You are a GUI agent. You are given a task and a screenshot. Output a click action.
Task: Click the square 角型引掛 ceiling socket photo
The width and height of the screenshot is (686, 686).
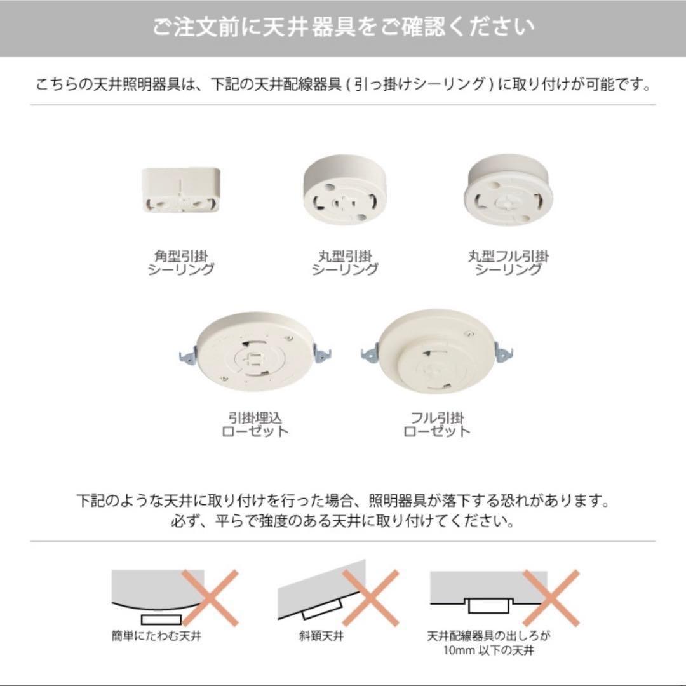[x=180, y=190]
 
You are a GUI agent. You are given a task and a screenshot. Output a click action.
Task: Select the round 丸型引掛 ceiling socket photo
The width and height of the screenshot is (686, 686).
[x=345, y=189]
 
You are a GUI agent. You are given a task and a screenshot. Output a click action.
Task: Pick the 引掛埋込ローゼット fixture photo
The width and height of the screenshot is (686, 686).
[x=255, y=352]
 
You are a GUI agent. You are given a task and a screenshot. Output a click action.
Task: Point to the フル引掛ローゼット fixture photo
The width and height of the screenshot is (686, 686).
[x=436, y=352]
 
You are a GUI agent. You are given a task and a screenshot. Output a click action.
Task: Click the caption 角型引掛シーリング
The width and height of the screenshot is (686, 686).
[x=180, y=262]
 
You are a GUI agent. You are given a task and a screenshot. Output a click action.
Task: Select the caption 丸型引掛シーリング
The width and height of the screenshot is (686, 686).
[x=345, y=262]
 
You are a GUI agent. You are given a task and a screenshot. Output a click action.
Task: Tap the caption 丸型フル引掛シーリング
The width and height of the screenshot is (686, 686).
[x=508, y=262]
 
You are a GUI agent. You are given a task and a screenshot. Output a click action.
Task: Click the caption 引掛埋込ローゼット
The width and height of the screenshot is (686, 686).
[x=255, y=424]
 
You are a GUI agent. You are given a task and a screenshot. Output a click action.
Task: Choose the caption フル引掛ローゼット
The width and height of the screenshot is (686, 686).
[x=436, y=424]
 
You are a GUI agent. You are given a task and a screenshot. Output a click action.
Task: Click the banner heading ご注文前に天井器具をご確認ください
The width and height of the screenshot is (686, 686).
[x=343, y=27]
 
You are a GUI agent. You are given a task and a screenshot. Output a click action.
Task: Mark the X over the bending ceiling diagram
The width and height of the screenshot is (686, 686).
[x=210, y=598]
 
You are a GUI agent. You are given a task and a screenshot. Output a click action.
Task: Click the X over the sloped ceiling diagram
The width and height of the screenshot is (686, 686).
[x=371, y=598]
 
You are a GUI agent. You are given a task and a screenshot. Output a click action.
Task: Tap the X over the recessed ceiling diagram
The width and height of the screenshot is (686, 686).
[x=551, y=598]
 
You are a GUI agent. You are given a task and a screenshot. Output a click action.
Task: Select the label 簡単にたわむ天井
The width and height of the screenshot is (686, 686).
[x=157, y=635]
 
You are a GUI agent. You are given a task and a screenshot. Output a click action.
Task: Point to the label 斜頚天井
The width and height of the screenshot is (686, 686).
[x=321, y=635]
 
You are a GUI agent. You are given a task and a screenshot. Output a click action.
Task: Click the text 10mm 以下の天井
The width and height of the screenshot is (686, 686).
[x=488, y=650]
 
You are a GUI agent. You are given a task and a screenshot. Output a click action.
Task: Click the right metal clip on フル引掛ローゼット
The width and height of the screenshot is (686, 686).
[x=504, y=352]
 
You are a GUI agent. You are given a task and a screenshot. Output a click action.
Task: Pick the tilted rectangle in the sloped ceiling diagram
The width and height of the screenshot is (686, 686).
[x=322, y=609]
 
